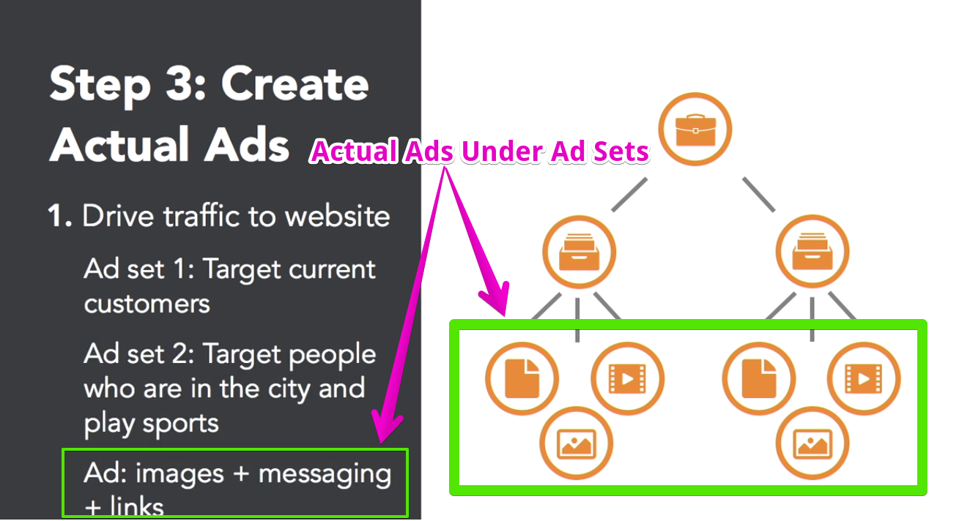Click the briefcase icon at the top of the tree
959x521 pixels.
click(695, 130)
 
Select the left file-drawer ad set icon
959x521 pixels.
click(580, 252)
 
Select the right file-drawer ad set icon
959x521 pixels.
click(812, 252)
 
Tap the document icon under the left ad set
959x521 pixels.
click(522, 378)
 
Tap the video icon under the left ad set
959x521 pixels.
click(628, 378)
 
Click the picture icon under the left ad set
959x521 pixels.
click(577, 443)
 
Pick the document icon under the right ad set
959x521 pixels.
click(759, 378)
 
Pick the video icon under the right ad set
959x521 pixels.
click(864, 378)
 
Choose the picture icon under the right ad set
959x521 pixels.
click(812, 443)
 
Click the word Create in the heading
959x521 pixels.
click(295, 84)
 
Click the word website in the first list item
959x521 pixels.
click(337, 216)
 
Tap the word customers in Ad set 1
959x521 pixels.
click(147, 304)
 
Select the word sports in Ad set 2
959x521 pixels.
click(180, 424)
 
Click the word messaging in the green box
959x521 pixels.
click(325, 476)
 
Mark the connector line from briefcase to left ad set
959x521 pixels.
click(629, 195)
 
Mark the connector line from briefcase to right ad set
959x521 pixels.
click(759, 195)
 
